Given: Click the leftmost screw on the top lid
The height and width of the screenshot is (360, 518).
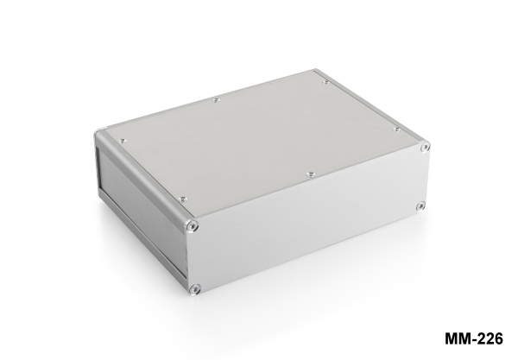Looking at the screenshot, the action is [123, 141].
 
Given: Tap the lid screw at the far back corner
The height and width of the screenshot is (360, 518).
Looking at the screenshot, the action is [326, 82].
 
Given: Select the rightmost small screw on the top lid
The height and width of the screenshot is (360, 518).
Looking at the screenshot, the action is [397, 129].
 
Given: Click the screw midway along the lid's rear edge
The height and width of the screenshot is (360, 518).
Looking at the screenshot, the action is [217, 100].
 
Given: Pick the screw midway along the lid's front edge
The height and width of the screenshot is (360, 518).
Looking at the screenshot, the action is [310, 174].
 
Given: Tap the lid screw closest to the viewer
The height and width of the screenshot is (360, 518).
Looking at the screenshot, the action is [183, 199].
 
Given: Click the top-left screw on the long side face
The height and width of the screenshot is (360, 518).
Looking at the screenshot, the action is [192, 226].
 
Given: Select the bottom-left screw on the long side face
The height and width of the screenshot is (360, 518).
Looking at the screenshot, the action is [195, 290].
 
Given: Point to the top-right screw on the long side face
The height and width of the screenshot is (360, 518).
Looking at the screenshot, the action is [425, 147].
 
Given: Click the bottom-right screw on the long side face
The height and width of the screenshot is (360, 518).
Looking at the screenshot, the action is [420, 206].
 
